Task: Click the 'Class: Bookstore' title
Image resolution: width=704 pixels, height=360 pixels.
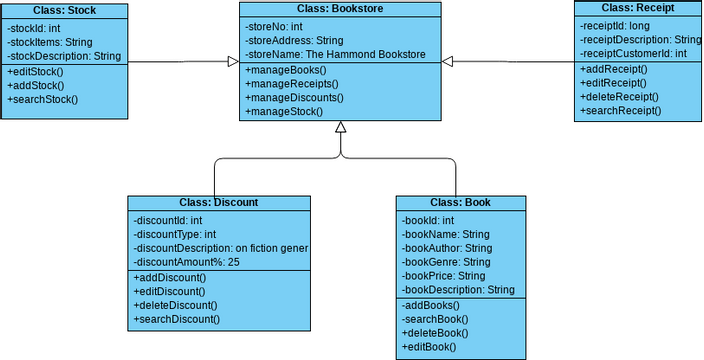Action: pyautogui.click(x=341, y=9)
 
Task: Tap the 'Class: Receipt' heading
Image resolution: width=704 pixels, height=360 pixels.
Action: pyautogui.click(x=637, y=8)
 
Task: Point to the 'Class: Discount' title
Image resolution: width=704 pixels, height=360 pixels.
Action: pyautogui.click(x=218, y=202)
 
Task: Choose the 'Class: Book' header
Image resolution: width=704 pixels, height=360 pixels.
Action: pyautogui.click(x=460, y=202)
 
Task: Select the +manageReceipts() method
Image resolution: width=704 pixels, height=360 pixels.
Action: pyautogui.click(x=292, y=84)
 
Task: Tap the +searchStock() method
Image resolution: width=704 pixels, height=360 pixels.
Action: pyautogui.click(x=42, y=100)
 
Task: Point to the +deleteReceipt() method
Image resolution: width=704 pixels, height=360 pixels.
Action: pyautogui.click(x=619, y=97)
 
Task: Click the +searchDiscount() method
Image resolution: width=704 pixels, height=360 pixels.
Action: pyautogui.click(x=176, y=319)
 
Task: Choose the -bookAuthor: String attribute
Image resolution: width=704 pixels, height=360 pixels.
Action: pyautogui.click(x=446, y=247)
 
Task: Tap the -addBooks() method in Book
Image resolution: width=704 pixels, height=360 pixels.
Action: pyautogui.click(x=430, y=305)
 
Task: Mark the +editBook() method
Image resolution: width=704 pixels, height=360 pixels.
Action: pyautogui.click(x=428, y=346)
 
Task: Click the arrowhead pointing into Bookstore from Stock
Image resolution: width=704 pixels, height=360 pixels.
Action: pyautogui.click(x=233, y=62)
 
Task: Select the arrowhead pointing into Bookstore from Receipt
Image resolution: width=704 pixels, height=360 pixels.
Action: pyautogui.click(x=449, y=62)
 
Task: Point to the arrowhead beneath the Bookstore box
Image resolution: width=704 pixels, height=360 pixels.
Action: pyautogui.click(x=341, y=127)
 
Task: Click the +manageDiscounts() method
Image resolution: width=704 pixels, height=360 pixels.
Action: pyautogui.click(x=294, y=98)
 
